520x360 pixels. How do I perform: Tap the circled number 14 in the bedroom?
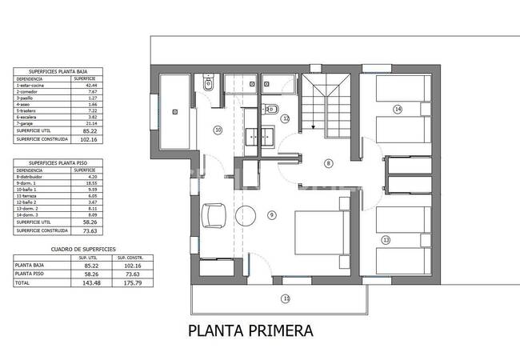click(398, 109)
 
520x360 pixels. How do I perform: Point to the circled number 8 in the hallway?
click(328, 163)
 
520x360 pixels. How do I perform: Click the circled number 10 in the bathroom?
click(217, 129)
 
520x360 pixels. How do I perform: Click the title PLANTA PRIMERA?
click(250, 330)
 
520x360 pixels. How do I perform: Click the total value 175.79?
click(127, 283)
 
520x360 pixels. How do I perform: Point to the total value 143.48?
click(82, 283)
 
